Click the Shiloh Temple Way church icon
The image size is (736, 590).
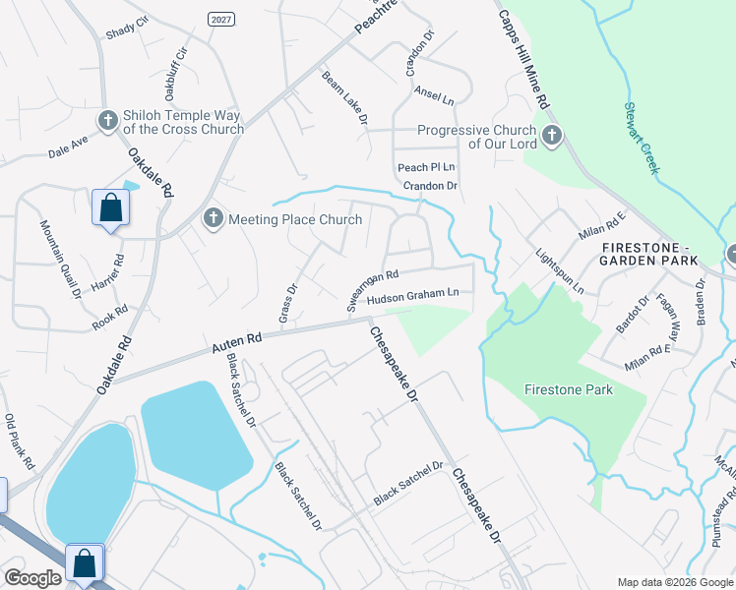pos(108,120)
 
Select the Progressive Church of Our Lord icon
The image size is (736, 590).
pos(552,135)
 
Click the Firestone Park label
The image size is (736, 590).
pos(568,390)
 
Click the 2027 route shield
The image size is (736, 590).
pos(220,19)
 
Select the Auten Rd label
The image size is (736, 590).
pos(236,343)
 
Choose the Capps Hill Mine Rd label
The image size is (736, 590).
pos(523,60)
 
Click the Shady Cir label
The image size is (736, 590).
pos(127,30)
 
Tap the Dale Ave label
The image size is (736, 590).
pos(69,147)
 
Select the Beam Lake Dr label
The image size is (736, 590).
pos(344,96)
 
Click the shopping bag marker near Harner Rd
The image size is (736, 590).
pos(109,209)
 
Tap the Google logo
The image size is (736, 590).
pos(32,578)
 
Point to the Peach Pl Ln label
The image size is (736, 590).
pos(426,168)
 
